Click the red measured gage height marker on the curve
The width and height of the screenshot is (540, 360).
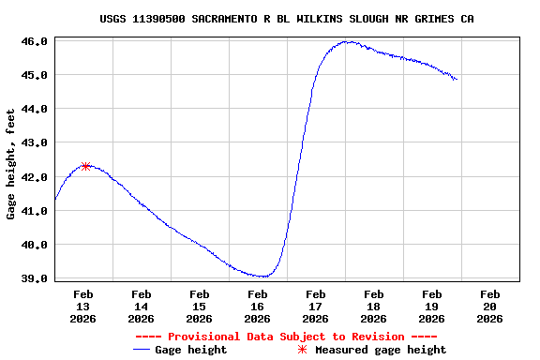[86, 166]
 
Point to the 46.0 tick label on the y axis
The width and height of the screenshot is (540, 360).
[34, 41]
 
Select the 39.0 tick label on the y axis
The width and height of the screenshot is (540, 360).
[34, 278]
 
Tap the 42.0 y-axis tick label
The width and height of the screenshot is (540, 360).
[34, 177]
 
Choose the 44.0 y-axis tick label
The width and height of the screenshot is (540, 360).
[34, 109]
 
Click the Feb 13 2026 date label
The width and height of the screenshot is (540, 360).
[83, 307]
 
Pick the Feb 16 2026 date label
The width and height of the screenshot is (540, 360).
[258, 307]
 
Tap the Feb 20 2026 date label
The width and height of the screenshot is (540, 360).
[490, 307]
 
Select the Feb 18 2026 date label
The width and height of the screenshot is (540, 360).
[374, 307]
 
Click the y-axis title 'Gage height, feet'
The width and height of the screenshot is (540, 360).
[11, 164]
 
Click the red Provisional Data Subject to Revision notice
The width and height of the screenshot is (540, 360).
[286, 337]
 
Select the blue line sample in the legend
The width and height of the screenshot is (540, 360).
[142, 350]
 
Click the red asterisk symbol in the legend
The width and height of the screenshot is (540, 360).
[302, 350]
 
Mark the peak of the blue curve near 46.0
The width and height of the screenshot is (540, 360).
[347, 41]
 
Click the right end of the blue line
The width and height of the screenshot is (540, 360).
[457, 80]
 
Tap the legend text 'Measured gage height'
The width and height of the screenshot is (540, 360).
[381, 350]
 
